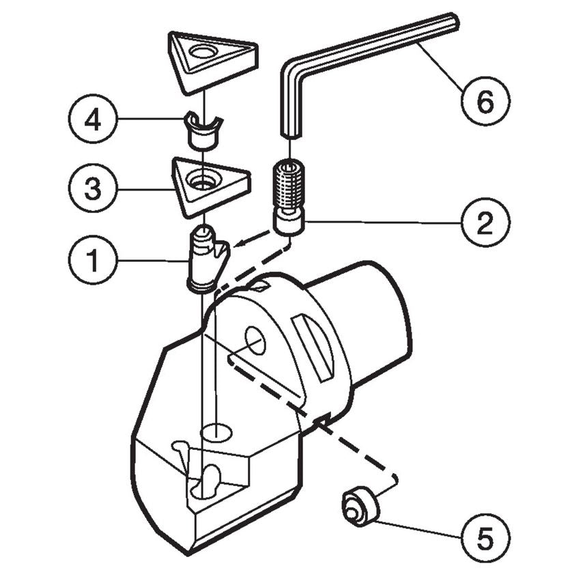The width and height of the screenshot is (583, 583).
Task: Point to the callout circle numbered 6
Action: pos(485,102)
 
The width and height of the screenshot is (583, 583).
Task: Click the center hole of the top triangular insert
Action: pos(203,52)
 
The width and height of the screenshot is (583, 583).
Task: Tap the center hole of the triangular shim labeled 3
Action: pos(203,182)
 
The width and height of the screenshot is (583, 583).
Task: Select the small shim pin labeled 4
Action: pos(202,133)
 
